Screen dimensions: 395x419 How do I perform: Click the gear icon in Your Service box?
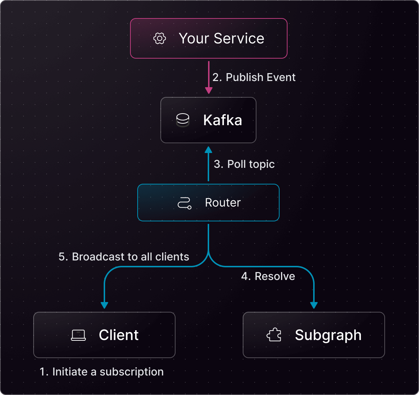[160, 38]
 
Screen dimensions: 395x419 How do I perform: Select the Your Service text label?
[221, 38]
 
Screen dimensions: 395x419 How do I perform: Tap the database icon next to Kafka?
[182, 120]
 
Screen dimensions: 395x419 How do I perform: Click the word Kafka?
[223, 120]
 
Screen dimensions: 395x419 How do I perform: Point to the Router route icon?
[184, 203]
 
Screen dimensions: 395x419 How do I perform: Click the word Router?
[223, 203]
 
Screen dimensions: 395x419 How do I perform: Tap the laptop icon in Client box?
[78, 335]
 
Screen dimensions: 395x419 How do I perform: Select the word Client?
[118, 335]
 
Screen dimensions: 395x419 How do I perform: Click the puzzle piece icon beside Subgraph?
[274, 335]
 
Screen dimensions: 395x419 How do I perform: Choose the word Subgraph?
[328, 335]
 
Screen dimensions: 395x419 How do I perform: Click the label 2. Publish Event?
[254, 77]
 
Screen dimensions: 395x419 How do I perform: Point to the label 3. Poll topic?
[244, 164]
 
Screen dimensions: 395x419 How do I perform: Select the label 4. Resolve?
[268, 276]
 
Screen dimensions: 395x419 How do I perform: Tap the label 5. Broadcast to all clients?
[124, 257]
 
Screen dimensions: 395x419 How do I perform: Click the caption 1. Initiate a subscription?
[101, 372]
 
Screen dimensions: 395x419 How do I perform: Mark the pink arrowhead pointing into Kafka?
[208, 90]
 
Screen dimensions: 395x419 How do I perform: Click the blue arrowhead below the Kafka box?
[208, 149]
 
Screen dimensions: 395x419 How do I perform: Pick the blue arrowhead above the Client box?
[104, 305]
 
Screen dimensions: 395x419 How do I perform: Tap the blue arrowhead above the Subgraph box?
[314, 305]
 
